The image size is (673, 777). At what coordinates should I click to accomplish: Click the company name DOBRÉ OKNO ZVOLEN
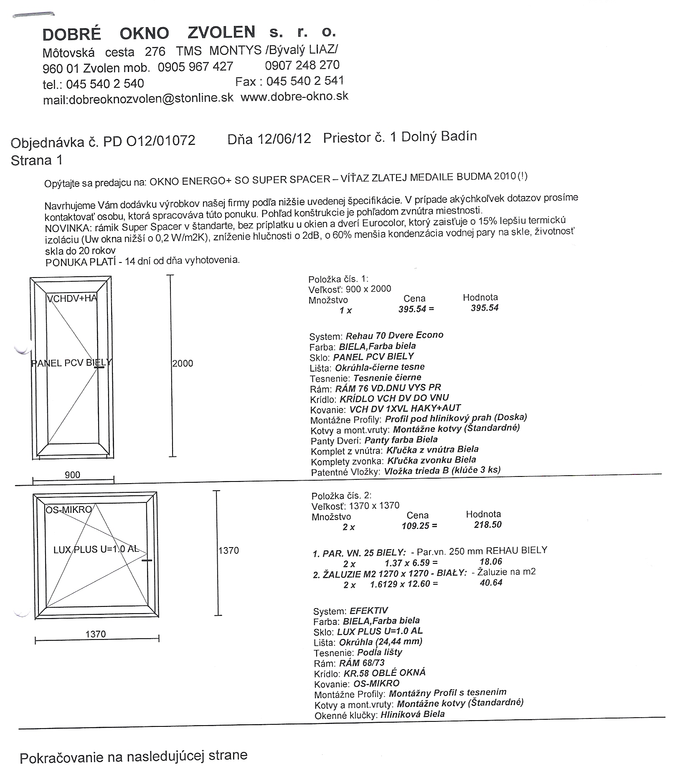coord(149,33)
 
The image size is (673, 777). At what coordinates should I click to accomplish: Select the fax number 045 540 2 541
coord(305,81)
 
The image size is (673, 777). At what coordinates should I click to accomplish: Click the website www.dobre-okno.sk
coord(295,97)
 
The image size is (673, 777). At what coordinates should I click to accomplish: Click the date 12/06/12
coord(284,139)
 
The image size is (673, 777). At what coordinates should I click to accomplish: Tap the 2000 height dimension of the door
coord(183,363)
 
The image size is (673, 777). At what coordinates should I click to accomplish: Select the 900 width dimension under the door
coord(72,474)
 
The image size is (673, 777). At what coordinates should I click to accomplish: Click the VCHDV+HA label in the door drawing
coord(72,298)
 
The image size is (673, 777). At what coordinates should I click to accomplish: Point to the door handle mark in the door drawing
coord(100,367)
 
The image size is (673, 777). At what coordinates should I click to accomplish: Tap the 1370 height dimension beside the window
coord(229,550)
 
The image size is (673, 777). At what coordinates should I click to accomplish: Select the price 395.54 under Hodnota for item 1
coord(485,308)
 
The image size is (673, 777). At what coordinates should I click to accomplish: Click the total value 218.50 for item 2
coord(488,525)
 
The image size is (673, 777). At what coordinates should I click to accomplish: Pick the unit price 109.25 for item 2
coord(415,525)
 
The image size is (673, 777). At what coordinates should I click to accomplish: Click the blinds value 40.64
coord(491,583)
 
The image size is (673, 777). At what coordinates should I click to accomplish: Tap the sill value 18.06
coord(491,561)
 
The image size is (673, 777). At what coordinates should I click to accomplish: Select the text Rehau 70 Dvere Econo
coord(394,335)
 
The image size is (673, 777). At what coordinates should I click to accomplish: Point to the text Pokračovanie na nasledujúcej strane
coord(133,756)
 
